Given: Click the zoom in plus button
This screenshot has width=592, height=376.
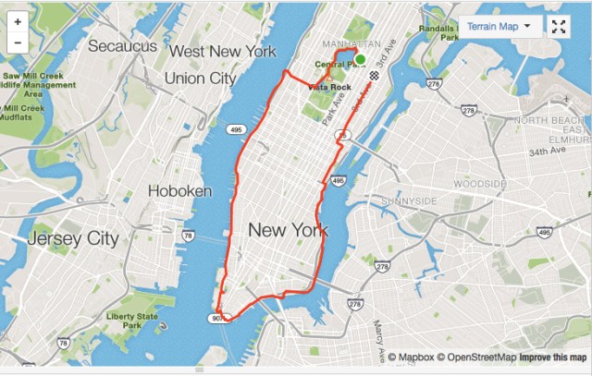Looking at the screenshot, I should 18,21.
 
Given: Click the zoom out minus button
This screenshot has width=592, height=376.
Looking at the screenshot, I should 18,42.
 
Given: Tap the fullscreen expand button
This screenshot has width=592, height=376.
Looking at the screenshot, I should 558,26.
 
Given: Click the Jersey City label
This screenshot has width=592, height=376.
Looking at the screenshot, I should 73,238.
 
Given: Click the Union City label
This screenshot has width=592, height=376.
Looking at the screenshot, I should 200,79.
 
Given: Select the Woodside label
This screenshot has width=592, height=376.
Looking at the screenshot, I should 480,184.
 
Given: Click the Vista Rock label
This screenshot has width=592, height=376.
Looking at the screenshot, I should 324,85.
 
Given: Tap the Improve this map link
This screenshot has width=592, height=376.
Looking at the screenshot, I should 552,358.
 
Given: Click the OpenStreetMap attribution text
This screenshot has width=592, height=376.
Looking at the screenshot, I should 476,358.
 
